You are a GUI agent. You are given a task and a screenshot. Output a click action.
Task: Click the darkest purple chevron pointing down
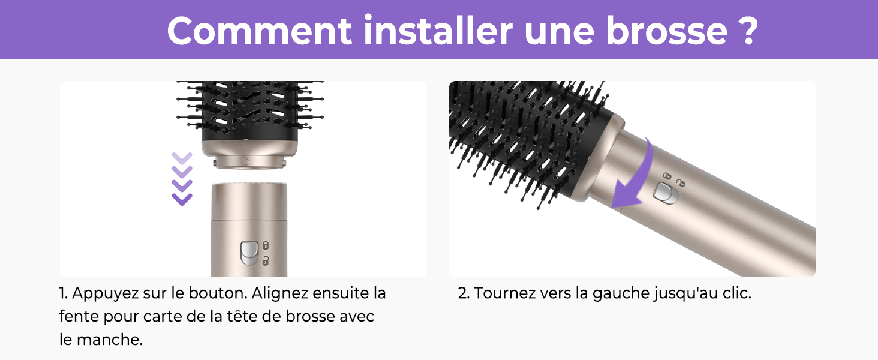coord(182,199)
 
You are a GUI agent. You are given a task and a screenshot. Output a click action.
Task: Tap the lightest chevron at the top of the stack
coord(182,158)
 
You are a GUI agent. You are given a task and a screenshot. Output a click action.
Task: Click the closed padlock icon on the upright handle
coord(266,246)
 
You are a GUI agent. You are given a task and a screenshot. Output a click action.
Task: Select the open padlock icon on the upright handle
coord(266,260)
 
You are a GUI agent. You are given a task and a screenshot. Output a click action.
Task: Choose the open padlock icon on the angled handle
coord(680,182)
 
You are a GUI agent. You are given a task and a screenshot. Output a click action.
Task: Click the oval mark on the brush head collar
coord(245,161)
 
